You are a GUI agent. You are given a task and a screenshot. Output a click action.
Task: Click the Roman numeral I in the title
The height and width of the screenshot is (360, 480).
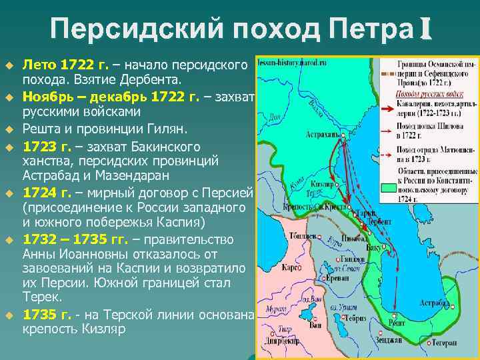coord(425,29)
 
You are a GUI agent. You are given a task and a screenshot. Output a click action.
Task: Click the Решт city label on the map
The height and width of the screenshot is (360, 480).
coord(399,323)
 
